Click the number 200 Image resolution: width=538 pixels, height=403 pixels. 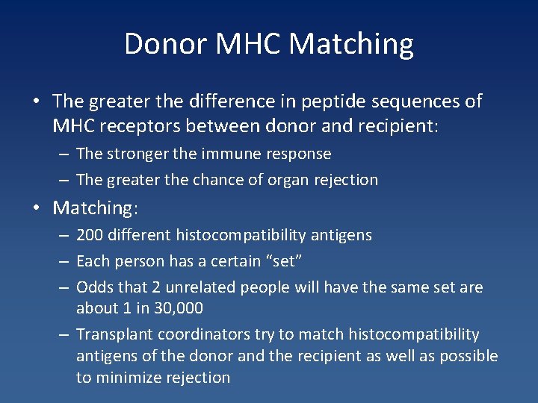click(x=90, y=236)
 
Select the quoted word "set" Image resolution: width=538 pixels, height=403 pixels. click(x=285, y=261)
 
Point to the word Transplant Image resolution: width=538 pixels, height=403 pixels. click(x=112, y=334)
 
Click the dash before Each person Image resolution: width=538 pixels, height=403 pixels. click(x=64, y=261)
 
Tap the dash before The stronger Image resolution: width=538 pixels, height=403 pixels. click(x=64, y=154)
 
